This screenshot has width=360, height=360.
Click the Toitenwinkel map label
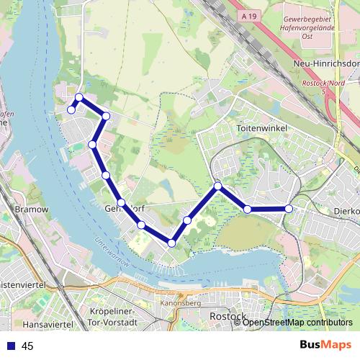[262, 128]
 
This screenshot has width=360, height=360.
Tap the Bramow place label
[31, 210]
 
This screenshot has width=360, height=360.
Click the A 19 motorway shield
[249, 14]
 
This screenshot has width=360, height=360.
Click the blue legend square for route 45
[11, 346]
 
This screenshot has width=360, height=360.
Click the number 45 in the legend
[28, 346]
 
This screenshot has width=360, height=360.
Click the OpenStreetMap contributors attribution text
[297, 323]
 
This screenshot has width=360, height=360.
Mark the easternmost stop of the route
[289, 209]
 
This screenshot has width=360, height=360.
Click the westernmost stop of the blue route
[71, 109]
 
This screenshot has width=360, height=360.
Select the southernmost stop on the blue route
[171, 243]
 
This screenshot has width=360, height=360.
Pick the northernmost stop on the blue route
[79, 97]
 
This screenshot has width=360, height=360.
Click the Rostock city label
[228, 316]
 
